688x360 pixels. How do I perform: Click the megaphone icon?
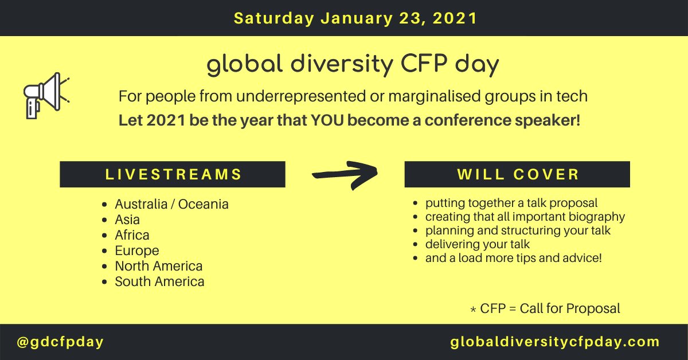click(x=46, y=96)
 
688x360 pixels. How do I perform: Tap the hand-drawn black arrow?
click(x=345, y=175)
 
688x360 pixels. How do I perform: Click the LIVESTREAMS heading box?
click(x=173, y=174)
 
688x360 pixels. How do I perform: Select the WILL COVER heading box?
click(x=517, y=174)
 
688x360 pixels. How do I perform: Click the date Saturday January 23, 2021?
click(x=355, y=18)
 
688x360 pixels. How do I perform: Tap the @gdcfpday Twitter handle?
click(x=60, y=342)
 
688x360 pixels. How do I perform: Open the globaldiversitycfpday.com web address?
click(x=555, y=342)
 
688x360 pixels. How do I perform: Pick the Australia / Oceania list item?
click(x=171, y=204)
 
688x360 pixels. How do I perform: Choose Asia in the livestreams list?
click(x=127, y=220)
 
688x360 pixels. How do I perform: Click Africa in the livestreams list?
click(x=132, y=235)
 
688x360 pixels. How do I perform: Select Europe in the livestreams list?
click(x=137, y=251)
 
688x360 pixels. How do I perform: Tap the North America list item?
click(x=159, y=266)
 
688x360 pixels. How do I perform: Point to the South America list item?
click(x=160, y=281)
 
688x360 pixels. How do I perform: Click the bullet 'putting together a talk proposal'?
click(x=511, y=203)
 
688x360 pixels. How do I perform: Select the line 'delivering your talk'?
click(x=478, y=245)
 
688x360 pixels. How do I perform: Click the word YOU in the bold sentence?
click(x=327, y=120)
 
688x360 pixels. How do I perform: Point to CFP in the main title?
click(x=424, y=64)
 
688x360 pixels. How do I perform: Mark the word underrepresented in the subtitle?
click(x=301, y=96)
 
